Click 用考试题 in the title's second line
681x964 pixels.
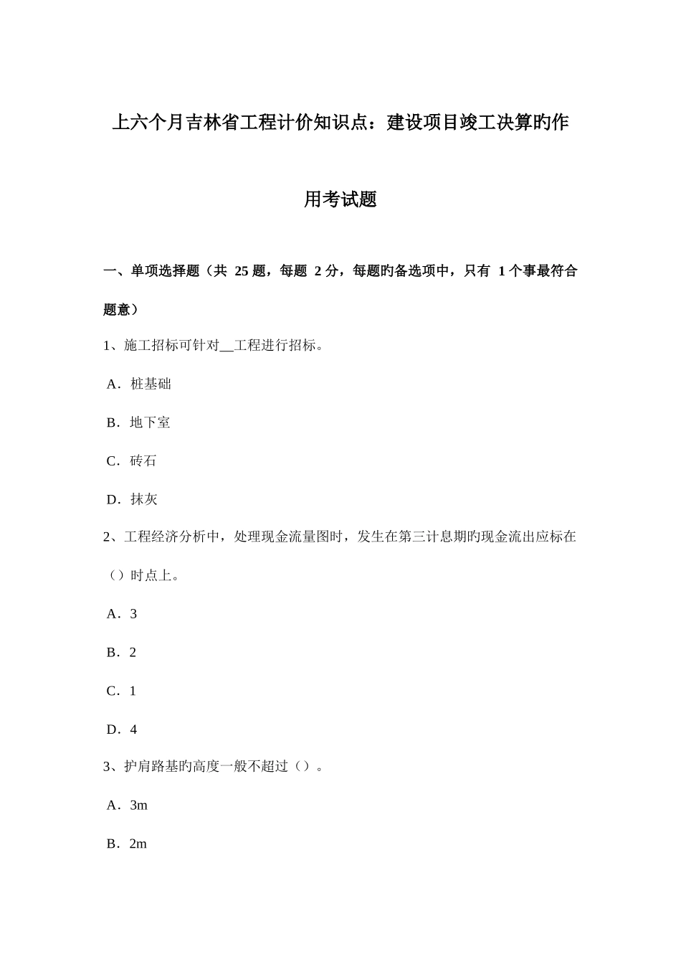click(x=340, y=199)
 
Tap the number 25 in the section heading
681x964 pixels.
click(x=242, y=271)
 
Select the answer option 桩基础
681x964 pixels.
click(x=151, y=384)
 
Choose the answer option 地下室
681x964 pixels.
click(x=150, y=422)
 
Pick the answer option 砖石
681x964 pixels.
click(x=143, y=461)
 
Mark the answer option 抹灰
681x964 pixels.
click(x=143, y=500)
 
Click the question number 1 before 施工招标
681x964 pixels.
click(x=108, y=346)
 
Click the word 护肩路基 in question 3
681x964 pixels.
click(x=151, y=767)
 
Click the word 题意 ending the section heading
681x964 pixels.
click(x=118, y=310)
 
